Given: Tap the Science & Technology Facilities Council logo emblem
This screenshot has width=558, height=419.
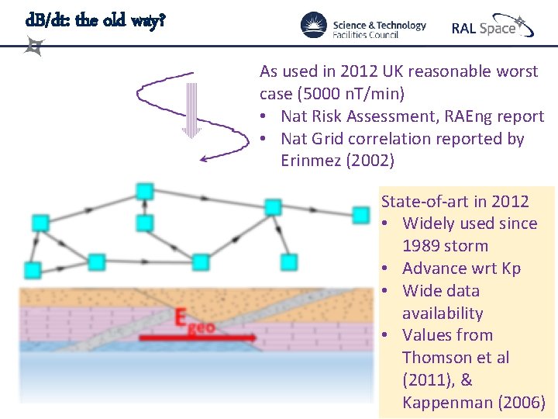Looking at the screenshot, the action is point(314,25).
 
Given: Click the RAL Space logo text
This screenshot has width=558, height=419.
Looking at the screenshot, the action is point(484,28).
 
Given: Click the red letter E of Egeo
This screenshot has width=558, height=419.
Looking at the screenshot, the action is point(180,318).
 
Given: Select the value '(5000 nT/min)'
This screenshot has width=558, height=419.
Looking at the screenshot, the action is point(332,94).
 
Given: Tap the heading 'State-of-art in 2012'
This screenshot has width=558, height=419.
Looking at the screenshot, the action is point(455,202).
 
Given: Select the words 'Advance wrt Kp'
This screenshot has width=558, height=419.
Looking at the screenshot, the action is point(462,268).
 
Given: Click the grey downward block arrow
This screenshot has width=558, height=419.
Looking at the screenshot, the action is point(191,109).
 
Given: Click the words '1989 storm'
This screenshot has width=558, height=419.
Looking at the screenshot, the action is point(445,246).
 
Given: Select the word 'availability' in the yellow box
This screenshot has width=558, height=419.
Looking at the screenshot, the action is point(443,313).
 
